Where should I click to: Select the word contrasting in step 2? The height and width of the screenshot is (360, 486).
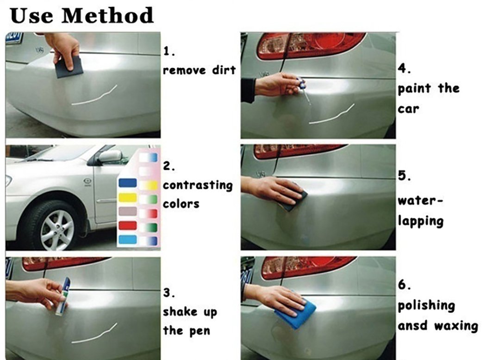coord(197,186)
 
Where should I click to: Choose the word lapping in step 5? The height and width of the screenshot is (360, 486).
coord(420,221)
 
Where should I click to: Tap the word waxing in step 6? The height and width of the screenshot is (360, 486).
coord(455,326)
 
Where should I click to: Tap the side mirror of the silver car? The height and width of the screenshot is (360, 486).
coord(109,156)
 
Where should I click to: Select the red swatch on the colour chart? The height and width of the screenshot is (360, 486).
coord(128,225)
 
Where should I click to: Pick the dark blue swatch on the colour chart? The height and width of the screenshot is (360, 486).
coord(128,183)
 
